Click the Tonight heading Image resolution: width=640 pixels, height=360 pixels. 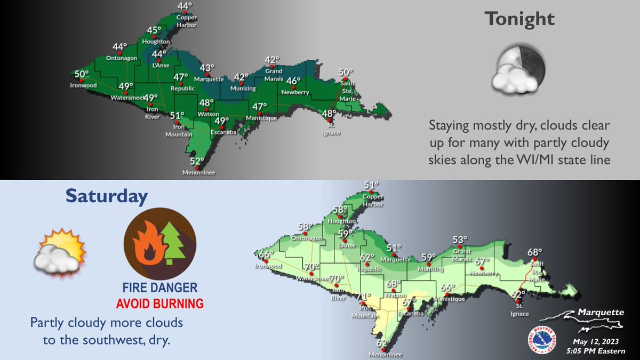click(x=519, y=20)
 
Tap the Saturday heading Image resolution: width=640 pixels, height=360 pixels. click(x=106, y=196)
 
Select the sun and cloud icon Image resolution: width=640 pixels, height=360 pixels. click(x=60, y=253)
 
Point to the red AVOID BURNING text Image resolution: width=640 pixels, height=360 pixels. click(x=161, y=304)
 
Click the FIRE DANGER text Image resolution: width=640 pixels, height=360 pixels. click(x=161, y=289)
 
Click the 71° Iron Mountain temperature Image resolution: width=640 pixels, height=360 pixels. click(x=363, y=297)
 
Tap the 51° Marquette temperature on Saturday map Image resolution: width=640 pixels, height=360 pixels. click(x=394, y=248)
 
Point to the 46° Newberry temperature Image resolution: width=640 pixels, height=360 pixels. click(x=293, y=81)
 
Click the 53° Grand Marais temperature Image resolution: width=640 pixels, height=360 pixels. click(x=460, y=239)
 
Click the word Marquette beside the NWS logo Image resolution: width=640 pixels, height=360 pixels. click(x=599, y=313)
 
